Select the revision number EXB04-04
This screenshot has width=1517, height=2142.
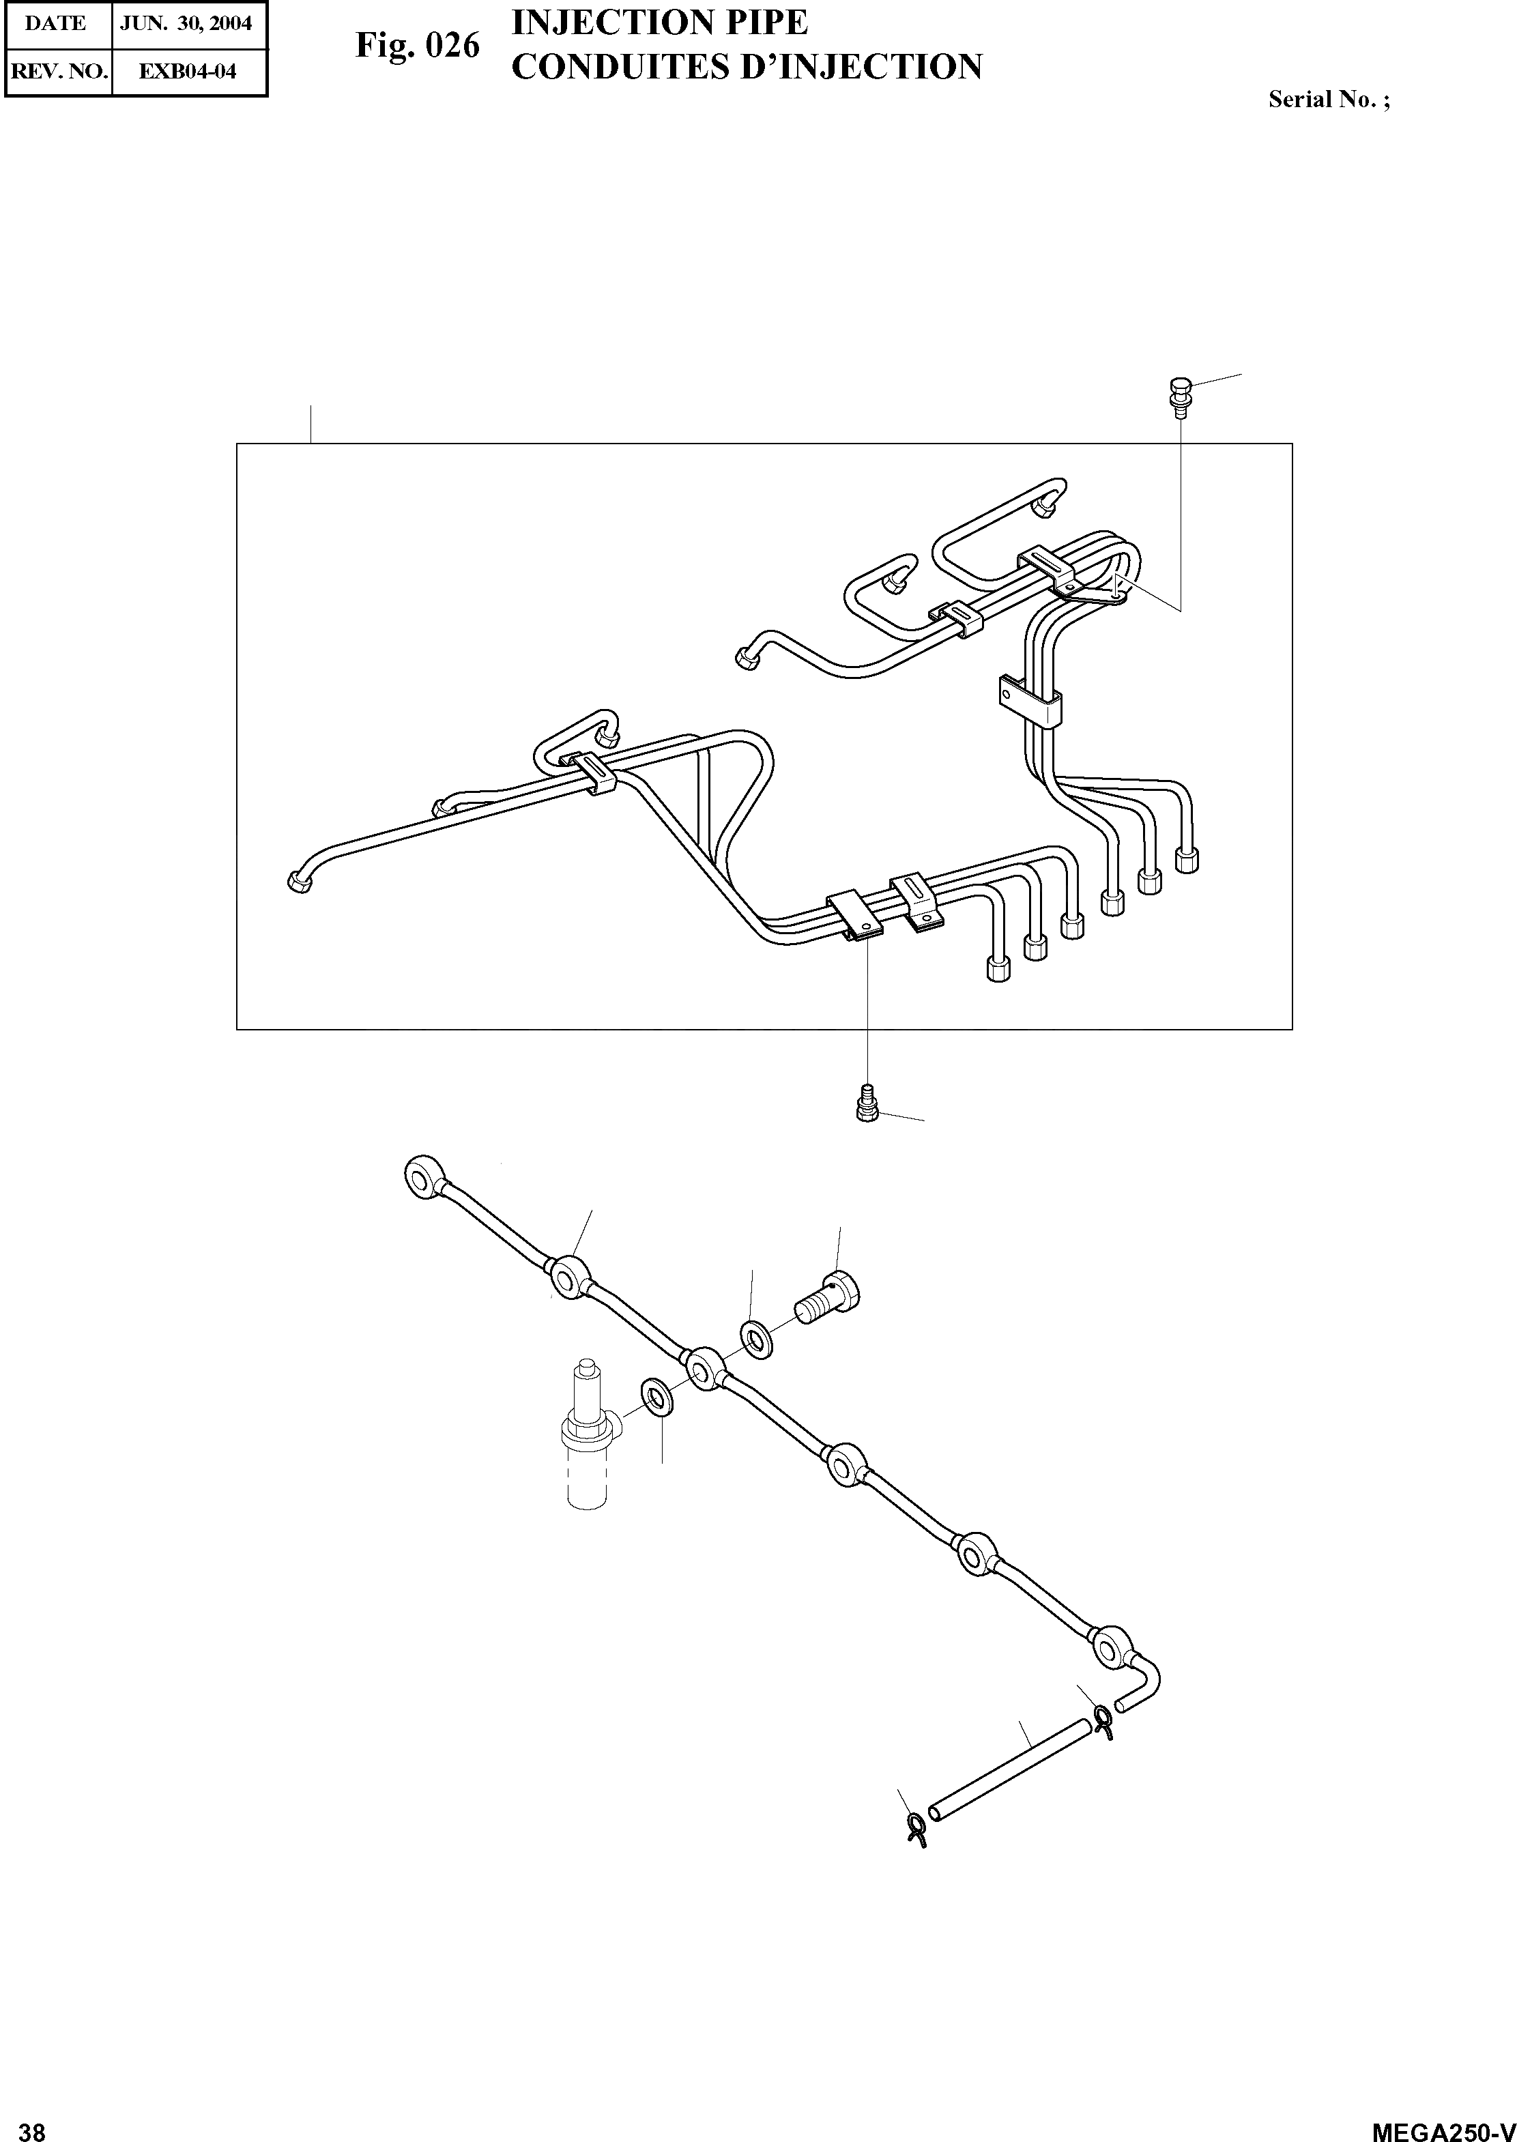(x=187, y=71)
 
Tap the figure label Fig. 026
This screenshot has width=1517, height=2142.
(x=418, y=46)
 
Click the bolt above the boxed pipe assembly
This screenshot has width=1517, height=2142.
(x=1180, y=392)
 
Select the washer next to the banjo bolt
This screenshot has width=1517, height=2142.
(x=755, y=1340)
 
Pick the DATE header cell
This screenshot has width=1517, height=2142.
(x=56, y=23)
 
